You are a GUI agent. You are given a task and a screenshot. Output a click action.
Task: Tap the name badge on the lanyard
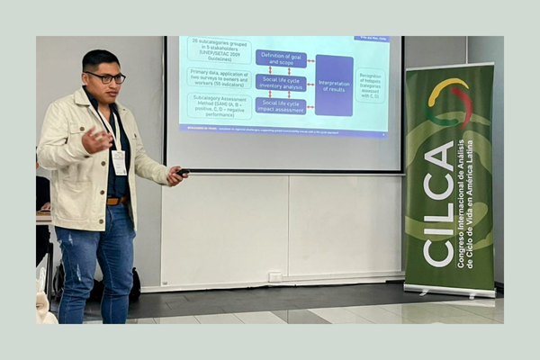tap(119, 161)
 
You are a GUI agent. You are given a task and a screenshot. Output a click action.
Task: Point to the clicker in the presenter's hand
tap(182, 172)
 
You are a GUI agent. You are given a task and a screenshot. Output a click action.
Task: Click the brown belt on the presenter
tap(115, 200)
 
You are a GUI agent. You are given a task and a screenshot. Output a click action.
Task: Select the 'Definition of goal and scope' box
tap(281, 58)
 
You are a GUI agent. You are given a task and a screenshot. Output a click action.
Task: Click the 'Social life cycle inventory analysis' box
tap(281, 82)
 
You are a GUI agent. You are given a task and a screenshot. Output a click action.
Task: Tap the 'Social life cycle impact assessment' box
tap(281, 106)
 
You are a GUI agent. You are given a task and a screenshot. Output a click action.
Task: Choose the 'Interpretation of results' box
tap(334, 85)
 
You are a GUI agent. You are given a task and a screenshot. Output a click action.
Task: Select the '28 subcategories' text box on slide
tap(219, 50)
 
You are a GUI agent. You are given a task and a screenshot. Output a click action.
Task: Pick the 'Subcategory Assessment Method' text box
tap(219, 106)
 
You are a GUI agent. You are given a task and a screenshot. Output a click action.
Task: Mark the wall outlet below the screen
tap(274, 276)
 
